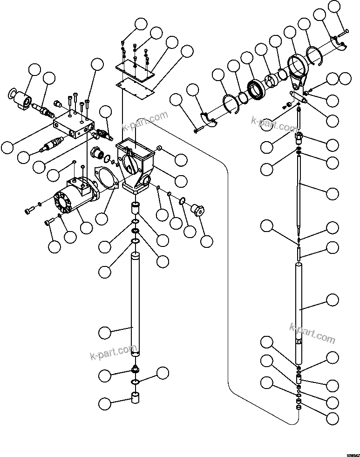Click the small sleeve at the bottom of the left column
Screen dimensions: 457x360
coord(135,399)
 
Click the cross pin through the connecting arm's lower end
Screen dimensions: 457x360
coord(298,96)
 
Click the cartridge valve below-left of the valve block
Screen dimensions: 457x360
coord(52,143)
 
